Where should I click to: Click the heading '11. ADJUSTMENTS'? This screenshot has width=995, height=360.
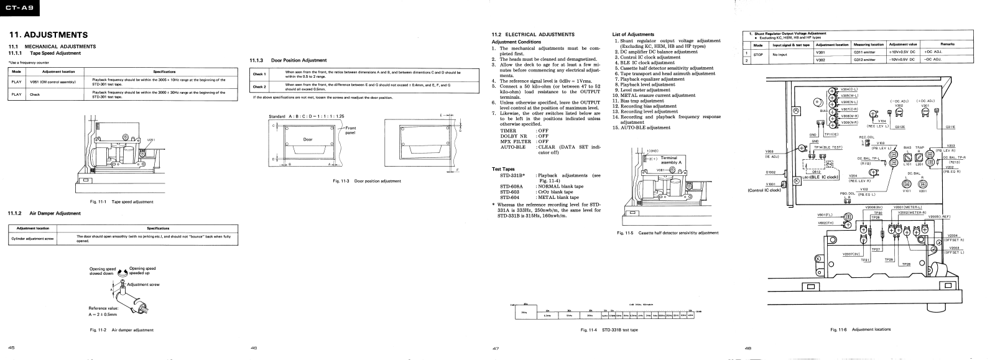click(x=47, y=35)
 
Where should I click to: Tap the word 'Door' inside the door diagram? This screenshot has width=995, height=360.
click(x=307, y=139)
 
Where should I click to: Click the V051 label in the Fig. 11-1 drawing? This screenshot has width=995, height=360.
click(x=150, y=140)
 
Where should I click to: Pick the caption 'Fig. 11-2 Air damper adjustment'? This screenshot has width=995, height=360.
click(x=122, y=330)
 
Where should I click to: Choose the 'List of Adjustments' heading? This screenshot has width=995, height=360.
click(x=633, y=34)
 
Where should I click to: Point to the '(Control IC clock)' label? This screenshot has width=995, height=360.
click(x=764, y=190)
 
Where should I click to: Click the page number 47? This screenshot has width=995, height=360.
click(x=496, y=349)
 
